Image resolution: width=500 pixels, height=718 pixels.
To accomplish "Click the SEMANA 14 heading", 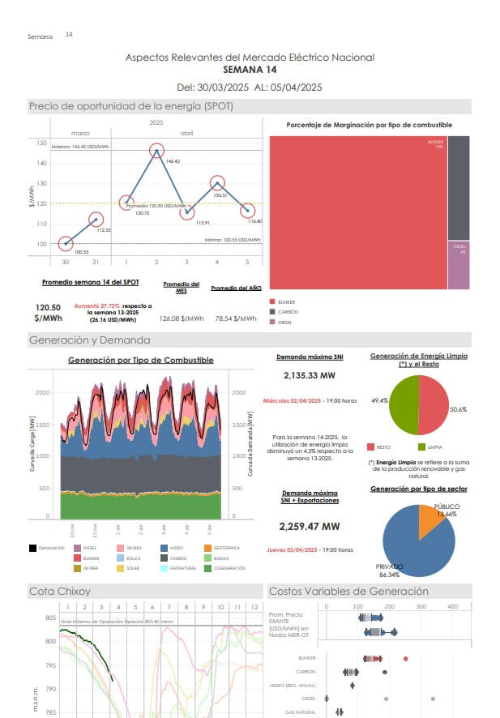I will click(x=250, y=71).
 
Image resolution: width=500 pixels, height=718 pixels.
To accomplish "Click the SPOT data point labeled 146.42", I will click(x=156, y=151).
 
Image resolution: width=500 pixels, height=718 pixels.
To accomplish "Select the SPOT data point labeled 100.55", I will click(x=65, y=243).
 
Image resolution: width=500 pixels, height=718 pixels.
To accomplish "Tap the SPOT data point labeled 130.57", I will click(x=217, y=184).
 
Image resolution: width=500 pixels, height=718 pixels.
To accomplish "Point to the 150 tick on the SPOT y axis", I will click(x=41, y=143).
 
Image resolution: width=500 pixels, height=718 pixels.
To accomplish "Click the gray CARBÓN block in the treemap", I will click(x=458, y=187).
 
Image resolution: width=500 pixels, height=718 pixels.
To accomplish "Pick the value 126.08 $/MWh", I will click(x=182, y=318).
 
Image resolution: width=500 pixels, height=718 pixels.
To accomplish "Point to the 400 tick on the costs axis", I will click(x=452, y=607).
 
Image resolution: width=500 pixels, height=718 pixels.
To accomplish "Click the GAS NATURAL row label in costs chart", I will click(x=301, y=712).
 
